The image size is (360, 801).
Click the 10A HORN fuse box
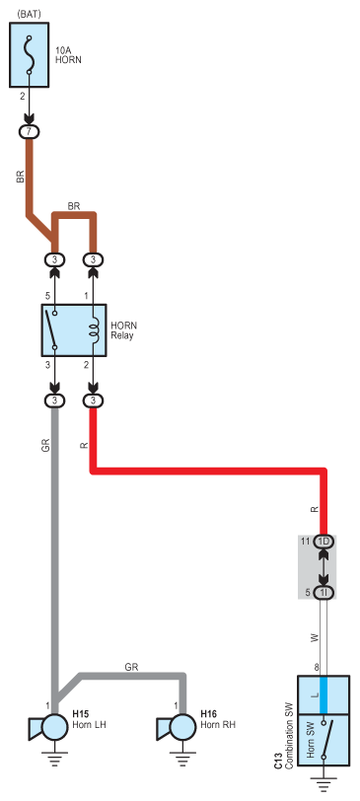(x=30, y=54)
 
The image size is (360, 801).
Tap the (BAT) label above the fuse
(x=29, y=14)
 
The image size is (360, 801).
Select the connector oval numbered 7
(x=30, y=132)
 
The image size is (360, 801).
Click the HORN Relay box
(x=74, y=330)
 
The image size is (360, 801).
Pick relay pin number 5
(x=47, y=296)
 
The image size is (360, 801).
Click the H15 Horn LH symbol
(x=48, y=727)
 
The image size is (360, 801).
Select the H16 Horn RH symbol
(x=177, y=727)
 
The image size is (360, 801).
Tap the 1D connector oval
(x=324, y=542)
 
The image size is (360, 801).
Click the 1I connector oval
(x=324, y=593)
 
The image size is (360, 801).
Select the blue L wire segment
(x=324, y=694)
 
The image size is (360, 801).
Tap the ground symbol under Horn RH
(x=182, y=758)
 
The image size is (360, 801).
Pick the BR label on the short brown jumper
(x=74, y=206)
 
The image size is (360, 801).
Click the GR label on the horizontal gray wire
(x=131, y=667)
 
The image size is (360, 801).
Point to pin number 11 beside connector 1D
(x=306, y=542)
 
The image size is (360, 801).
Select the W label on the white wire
(x=315, y=637)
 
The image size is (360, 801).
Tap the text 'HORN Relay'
(x=123, y=330)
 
